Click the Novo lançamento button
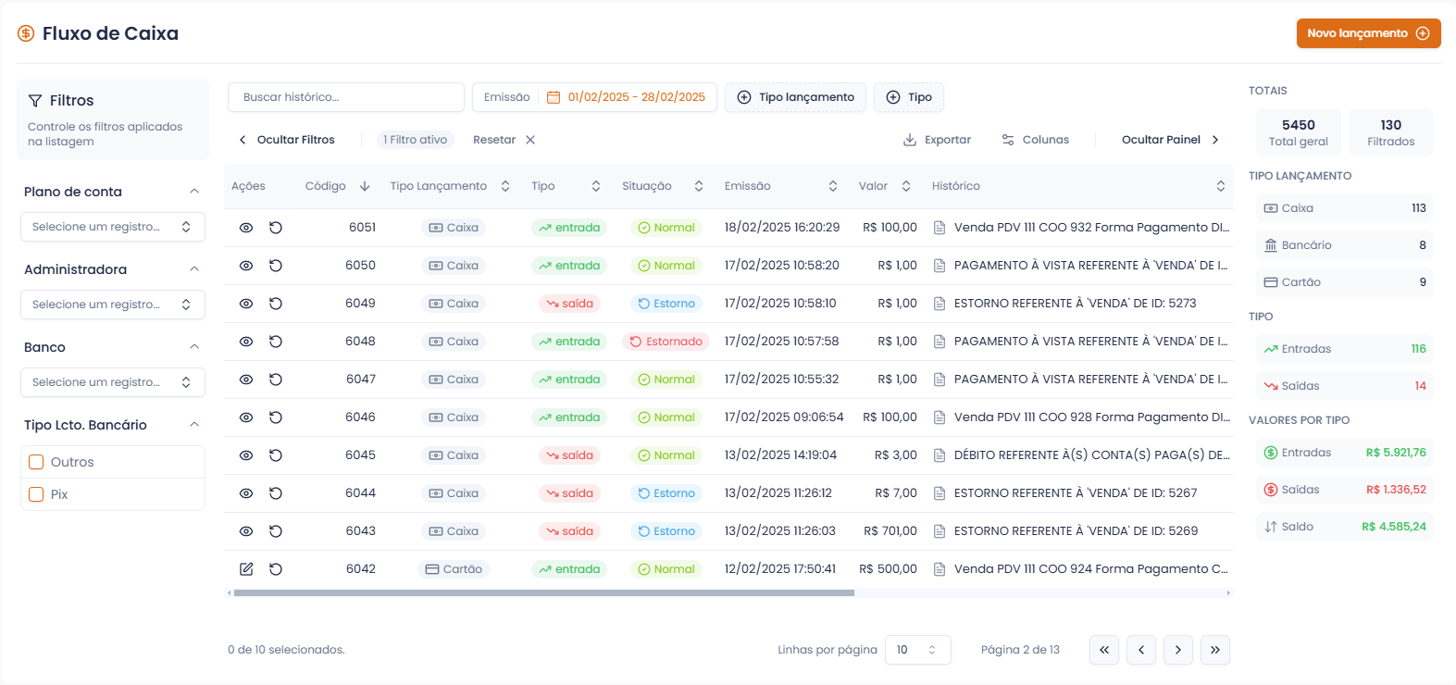(x=1368, y=33)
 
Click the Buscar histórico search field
(x=345, y=97)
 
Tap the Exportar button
(x=938, y=140)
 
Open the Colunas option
(x=1036, y=140)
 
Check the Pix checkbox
(x=37, y=494)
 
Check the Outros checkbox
(x=37, y=462)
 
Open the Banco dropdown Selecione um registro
(x=112, y=382)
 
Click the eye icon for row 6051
(x=246, y=228)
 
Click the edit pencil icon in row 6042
(x=246, y=569)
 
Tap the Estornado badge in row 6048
(x=666, y=342)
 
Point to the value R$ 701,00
(x=890, y=531)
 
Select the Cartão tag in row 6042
(x=454, y=569)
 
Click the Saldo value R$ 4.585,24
(x=1393, y=527)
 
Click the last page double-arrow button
(x=1214, y=650)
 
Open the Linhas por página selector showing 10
(x=917, y=650)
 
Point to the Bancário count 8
(x=1423, y=245)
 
